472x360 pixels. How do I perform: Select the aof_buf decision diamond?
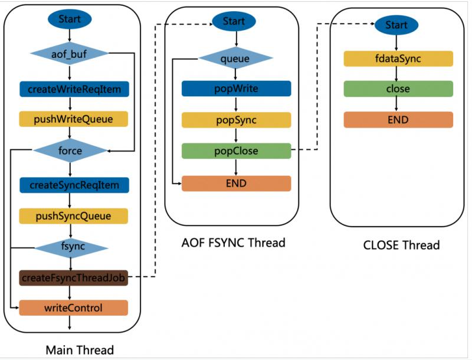tap(70, 54)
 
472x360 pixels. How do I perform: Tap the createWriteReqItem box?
tap(74, 89)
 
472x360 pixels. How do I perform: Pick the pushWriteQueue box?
tap(74, 119)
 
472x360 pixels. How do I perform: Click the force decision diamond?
tap(70, 150)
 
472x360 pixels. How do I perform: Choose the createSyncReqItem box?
tap(74, 185)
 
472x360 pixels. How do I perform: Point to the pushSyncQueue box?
tap(74, 215)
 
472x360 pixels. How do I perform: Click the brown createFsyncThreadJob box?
tap(74, 276)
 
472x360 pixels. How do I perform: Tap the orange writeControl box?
tap(74, 307)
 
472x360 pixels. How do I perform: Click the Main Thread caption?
tap(80, 350)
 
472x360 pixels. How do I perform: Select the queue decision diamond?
tap(235, 58)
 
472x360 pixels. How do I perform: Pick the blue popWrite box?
tap(236, 89)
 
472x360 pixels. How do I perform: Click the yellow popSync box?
tap(236, 120)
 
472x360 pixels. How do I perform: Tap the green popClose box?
tap(236, 150)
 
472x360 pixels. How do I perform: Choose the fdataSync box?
tap(398, 58)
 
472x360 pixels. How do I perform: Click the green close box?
tap(398, 89)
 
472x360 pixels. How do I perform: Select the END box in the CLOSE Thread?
tap(398, 120)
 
